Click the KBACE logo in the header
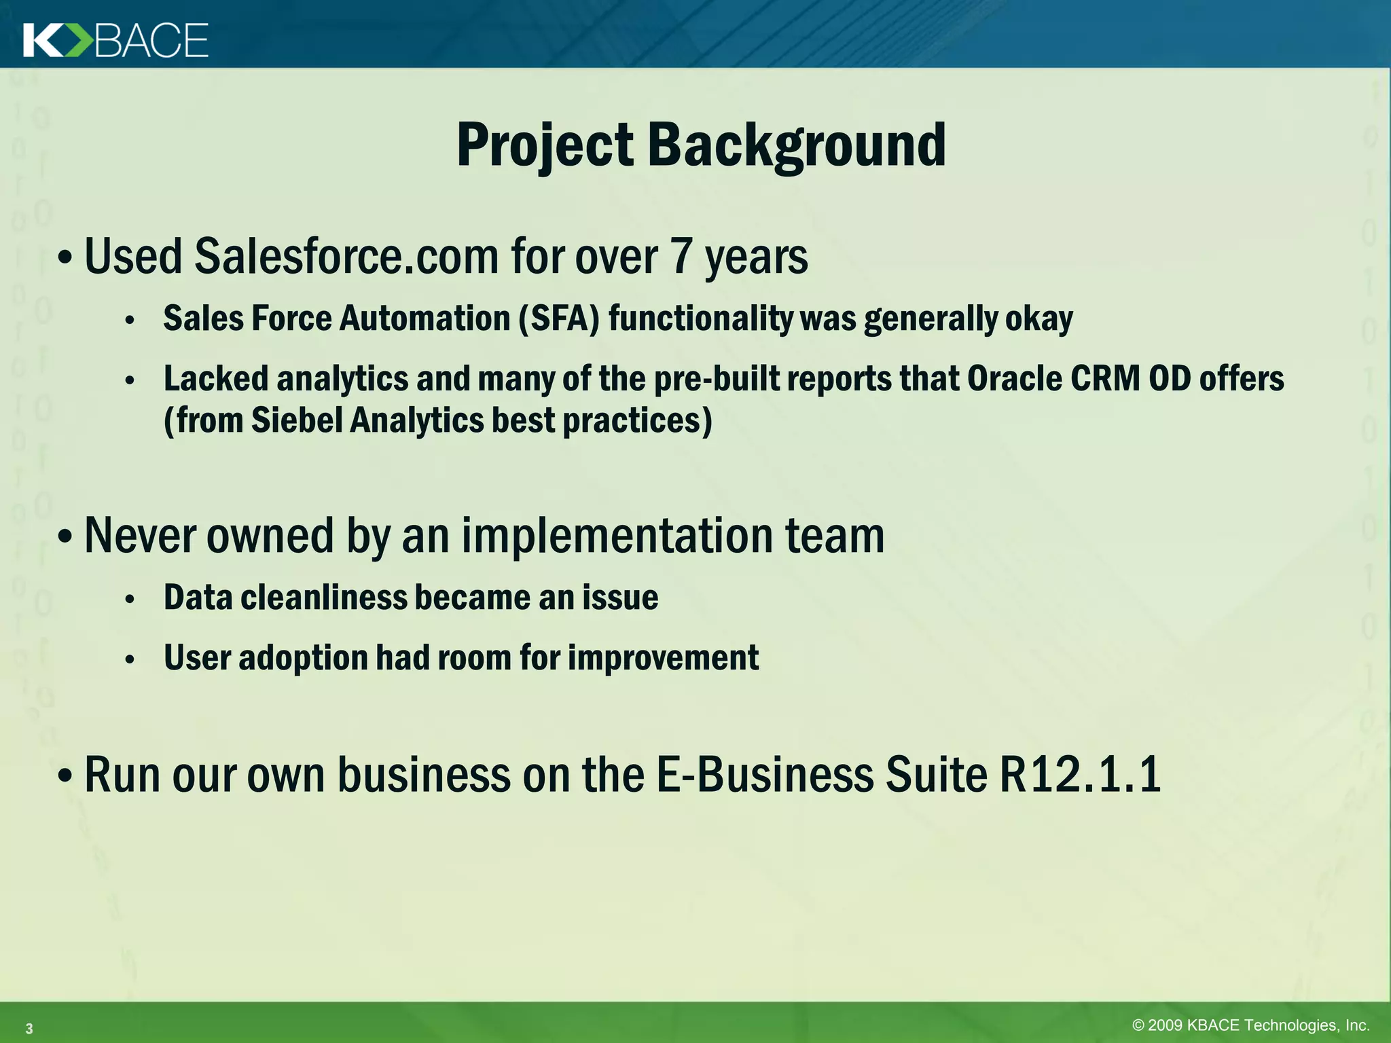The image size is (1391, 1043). tap(115, 41)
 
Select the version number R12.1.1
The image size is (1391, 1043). tap(1080, 775)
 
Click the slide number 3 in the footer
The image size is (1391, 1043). tap(29, 1029)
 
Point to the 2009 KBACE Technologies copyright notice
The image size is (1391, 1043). tap(1250, 1025)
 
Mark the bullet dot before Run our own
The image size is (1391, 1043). tap(65, 776)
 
